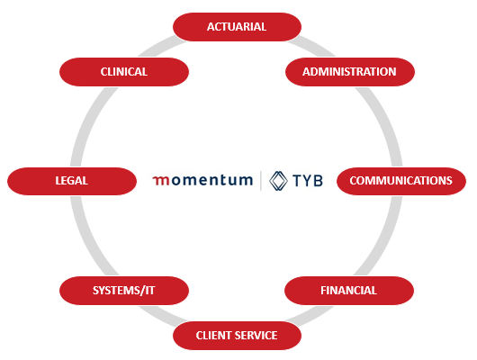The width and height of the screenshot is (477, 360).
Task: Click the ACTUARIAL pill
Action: (x=237, y=27)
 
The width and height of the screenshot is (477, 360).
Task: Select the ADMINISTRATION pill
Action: (x=350, y=72)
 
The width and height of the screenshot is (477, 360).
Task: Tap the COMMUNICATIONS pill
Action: (x=401, y=181)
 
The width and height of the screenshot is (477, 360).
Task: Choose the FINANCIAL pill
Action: (x=349, y=291)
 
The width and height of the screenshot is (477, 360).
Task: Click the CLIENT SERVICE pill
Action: (x=237, y=336)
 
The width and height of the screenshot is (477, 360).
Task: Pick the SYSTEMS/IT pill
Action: (x=124, y=291)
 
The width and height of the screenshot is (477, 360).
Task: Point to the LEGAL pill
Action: (x=72, y=181)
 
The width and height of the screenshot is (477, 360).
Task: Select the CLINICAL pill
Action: (x=124, y=72)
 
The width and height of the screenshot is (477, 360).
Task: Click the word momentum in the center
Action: (x=202, y=180)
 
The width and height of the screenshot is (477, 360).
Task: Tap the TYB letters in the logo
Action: (x=308, y=181)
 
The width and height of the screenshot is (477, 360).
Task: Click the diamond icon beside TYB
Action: (x=278, y=181)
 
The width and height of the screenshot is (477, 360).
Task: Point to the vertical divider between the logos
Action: (x=261, y=181)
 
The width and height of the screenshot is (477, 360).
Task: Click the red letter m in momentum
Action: (x=161, y=181)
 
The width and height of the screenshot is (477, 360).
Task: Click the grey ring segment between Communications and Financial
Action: (x=386, y=237)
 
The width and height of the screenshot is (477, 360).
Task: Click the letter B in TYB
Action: (x=318, y=181)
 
